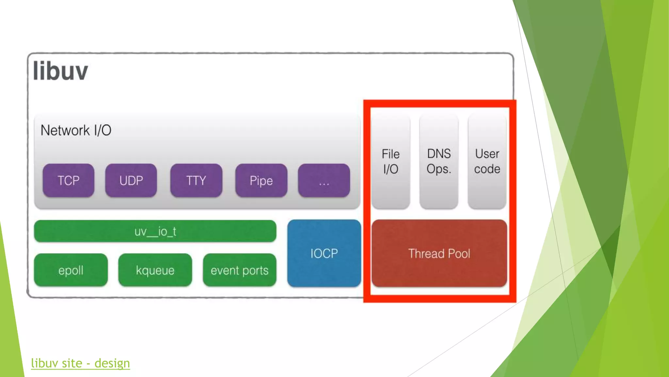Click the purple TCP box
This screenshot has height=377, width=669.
pos(68,180)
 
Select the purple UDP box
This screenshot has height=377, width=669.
pos(131,180)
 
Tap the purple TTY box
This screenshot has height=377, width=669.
pos(196,180)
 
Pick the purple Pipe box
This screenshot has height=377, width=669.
pos(261,180)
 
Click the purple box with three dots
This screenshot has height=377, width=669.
pos(324,180)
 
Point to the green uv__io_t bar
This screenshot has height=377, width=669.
pos(155,231)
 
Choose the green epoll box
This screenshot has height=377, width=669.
pos(71,270)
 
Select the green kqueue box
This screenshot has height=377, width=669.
pos(155,270)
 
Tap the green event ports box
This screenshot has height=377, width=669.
pos(239,270)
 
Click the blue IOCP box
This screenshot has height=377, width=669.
pos(324,253)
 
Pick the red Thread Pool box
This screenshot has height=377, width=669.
pos(439,253)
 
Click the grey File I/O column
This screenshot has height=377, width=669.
pos(391,161)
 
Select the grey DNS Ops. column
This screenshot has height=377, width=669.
pos(439,161)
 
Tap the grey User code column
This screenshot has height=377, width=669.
pos(487,161)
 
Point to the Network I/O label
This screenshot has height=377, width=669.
pos(76,130)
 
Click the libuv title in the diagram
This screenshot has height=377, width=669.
pos(60,71)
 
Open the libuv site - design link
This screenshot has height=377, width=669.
pos(80,363)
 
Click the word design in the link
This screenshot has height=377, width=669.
pos(112,363)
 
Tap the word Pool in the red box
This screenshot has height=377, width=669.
pos(459,254)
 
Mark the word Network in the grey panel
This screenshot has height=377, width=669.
pos(65,130)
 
